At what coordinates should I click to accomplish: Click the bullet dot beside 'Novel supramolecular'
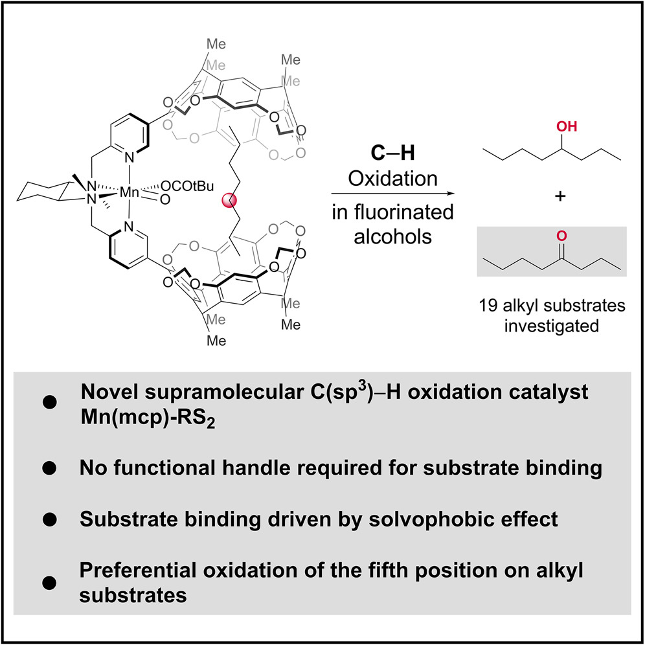pos(50,403)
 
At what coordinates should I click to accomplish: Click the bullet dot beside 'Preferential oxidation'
pos(50,565)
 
